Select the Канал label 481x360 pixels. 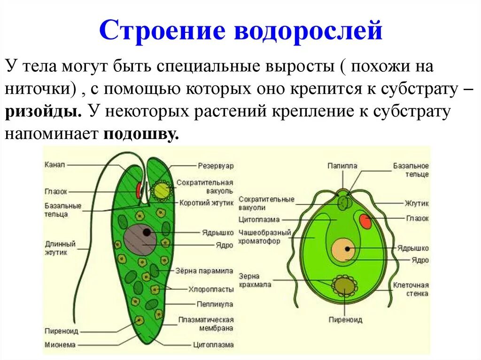pyautogui.click(x=55, y=165)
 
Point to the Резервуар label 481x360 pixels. pyautogui.click(x=215, y=166)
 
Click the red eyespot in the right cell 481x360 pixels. pyautogui.click(x=365, y=221)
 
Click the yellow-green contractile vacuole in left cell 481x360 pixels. pyautogui.click(x=162, y=190)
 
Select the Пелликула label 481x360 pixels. pyautogui.click(x=215, y=304)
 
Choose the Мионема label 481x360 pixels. pyautogui.click(x=60, y=344)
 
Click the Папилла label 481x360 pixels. pyautogui.click(x=342, y=166)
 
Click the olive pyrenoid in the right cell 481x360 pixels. pyautogui.click(x=344, y=285)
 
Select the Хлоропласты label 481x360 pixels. pyautogui.click(x=211, y=289)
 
